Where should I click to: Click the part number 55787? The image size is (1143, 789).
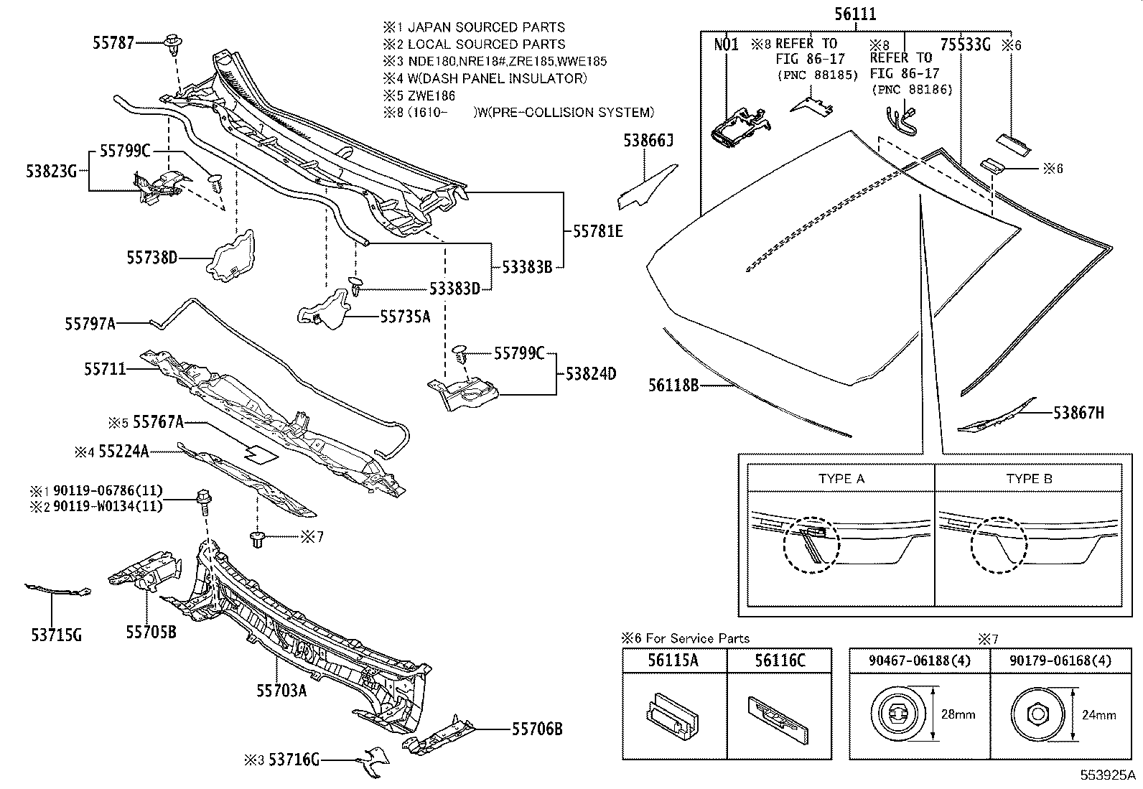[113, 43]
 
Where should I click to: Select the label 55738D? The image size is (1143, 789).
[152, 257]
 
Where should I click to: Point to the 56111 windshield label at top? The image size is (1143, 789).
[855, 14]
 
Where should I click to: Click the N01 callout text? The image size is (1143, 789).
[726, 45]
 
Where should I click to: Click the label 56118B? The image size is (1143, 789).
[673, 386]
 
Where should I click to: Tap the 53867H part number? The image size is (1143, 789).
[1078, 413]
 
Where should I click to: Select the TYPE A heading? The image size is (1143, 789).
[841, 479]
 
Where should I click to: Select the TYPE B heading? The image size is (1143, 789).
[1029, 479]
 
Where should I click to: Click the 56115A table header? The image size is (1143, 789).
[673, 660]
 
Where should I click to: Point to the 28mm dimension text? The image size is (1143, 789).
[958, 714]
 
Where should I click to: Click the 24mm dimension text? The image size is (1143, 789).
[1098, 714]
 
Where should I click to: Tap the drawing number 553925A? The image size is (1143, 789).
[1109, 776]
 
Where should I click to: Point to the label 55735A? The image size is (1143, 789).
[405, 316]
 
